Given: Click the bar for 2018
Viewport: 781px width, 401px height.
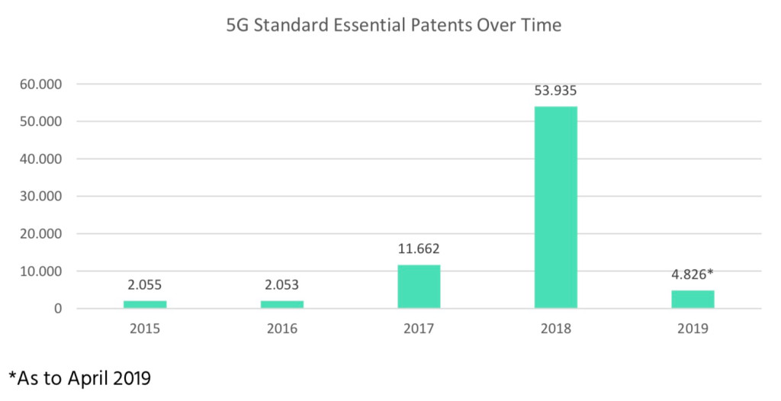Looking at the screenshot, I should point(555,207).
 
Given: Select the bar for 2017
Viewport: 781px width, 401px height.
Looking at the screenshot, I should point(419,287).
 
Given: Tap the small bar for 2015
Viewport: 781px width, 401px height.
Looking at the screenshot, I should point(145,304).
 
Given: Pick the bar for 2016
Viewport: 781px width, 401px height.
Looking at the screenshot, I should point(281,304).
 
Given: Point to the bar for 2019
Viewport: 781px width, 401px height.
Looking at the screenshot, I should point(693,299).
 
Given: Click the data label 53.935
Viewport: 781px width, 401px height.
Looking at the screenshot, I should point(555,91).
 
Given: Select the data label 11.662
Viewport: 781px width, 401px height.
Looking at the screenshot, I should point(419,249).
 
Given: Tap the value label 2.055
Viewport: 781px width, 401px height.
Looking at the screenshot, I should point(145,285).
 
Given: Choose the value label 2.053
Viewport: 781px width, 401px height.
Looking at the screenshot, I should point(281,285).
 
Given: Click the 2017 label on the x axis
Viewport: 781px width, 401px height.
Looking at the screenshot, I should point(419,329).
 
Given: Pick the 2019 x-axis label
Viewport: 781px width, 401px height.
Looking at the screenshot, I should point(693,329).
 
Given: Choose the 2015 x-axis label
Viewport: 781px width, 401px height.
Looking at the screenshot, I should point(145,329).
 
